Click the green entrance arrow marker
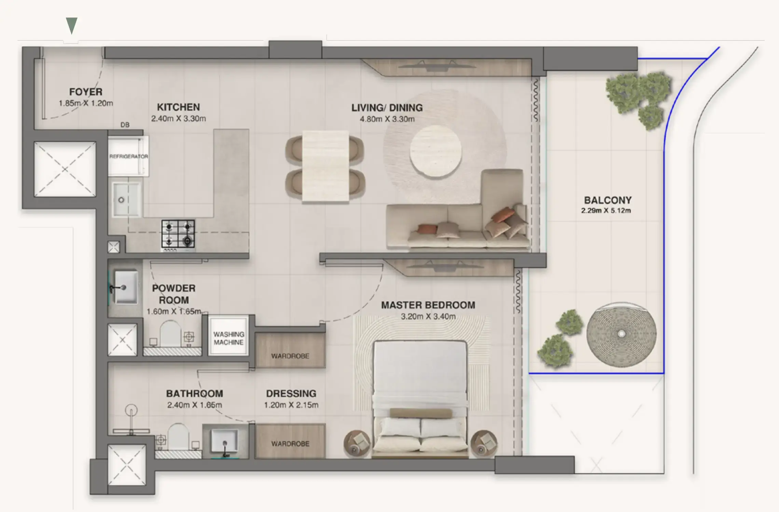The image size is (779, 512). [x=71, y=25]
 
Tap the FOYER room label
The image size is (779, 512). [x=85, y=92]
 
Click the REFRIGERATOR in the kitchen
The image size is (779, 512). [x=128, y=156]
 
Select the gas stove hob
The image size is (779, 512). [x=178, y=234]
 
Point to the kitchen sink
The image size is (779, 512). [x=126, y=200]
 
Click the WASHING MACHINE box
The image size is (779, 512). [x=229, y=338]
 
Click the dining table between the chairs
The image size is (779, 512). [x=325, y=166]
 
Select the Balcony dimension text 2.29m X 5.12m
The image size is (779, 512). [x=606, y=211]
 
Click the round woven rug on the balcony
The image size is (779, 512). [x=621, y=334]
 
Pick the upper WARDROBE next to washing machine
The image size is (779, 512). [x=290, y=351]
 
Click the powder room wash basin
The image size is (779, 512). [x=125, y=287]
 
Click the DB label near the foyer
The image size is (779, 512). [x=125, y=125]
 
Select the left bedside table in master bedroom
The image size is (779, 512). [x=356, y=443]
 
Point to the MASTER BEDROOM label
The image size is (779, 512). [x=428, y=305]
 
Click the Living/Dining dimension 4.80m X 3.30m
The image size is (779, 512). [x=387, y=119]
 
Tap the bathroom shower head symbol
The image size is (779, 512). [x=131, y=410]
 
